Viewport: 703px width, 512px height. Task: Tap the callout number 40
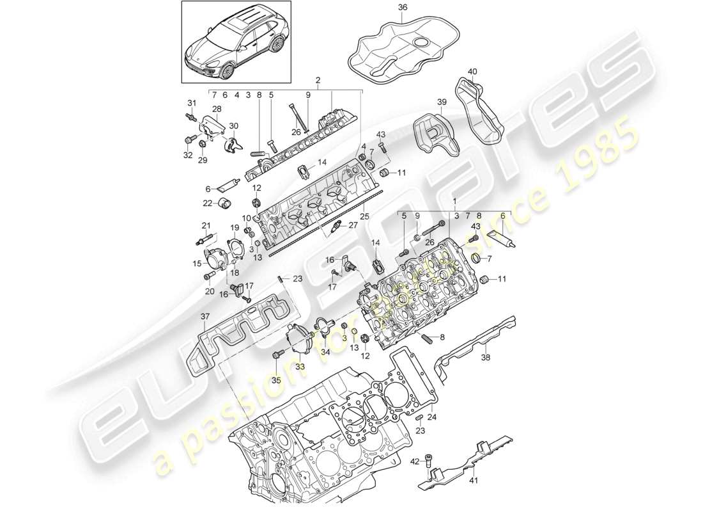click(x=472, y=71)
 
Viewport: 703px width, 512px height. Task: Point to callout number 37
click(x=204, y=316)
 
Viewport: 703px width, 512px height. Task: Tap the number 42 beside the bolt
click(x=414, y=460)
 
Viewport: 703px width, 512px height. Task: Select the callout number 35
click(x=276, y=380)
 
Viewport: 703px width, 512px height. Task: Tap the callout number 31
click(x=191, y=103)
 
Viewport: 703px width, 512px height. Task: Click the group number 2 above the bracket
click(x=317, y=81)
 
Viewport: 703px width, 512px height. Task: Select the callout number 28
click(x=217, y=109)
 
